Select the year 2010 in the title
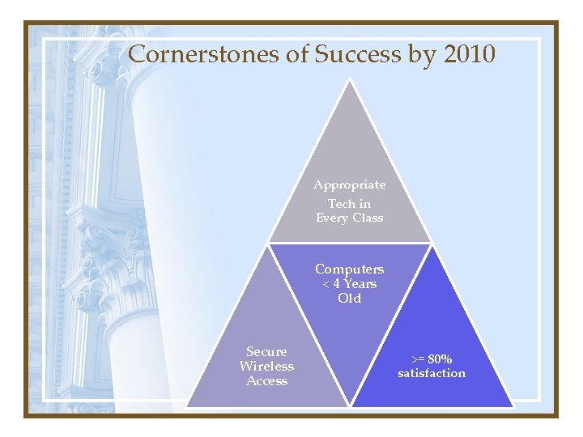point(466,54)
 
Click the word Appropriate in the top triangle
point(350,185)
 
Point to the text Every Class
point(350,218)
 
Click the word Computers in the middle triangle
point(350,269)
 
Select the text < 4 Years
point(350,283)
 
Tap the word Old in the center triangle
point(350,298)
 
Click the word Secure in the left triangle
point(266,351)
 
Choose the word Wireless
point(266,366)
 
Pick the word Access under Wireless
point(266,380)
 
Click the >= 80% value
point(432,359)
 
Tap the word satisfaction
point(432,373)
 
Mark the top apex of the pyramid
point(350,78)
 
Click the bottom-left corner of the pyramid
point(186,406)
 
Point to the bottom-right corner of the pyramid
point(513,406)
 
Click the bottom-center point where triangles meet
point(350,406)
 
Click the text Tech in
point(350,203)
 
